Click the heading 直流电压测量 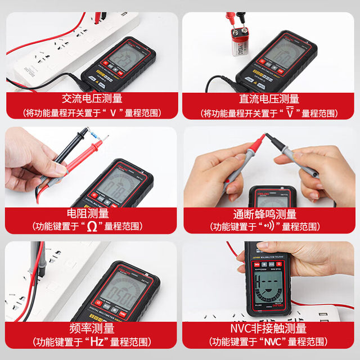[x=269, y=98]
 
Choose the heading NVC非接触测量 [x=268, y=328]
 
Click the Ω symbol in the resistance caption [x=92, y=227]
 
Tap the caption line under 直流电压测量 [x=269, y=112]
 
